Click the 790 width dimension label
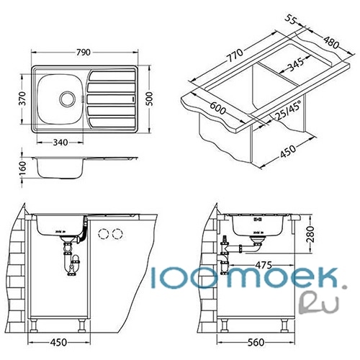coord(84,53)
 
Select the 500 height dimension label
coord(149,99)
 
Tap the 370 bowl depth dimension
coord(22,99)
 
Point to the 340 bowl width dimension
coord(60,143)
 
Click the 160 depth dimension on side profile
coord(22,168)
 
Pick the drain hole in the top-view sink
coord(67,99)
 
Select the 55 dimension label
coord(290,20)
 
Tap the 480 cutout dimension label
coord(331,42)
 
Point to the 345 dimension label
coord(295,64)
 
